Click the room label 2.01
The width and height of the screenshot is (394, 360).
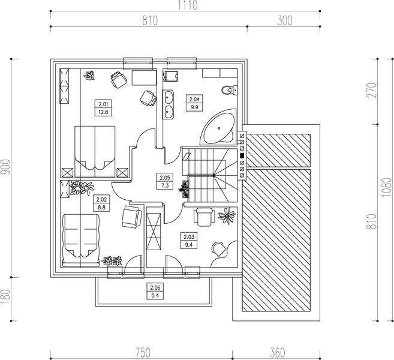[x=103, y=104]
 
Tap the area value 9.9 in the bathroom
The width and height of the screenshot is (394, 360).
[x=194, y=107]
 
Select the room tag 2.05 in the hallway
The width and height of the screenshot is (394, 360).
[x=165, y=178]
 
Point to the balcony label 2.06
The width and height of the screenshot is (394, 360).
[x=155, y=287]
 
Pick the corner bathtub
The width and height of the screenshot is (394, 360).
[x=219, y=127]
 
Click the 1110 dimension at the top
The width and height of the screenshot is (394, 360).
[x=188, y=5]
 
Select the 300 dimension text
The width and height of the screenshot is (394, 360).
[x=285, y=20]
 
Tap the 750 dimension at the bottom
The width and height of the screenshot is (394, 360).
[x=143, y=352]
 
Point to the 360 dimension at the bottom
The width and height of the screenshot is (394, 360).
[x=278, y=352]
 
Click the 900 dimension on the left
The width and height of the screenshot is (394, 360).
[x=6, y=167]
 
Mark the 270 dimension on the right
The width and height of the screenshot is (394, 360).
[x=373, y=90]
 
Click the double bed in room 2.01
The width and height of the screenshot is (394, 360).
[x=95, y=152]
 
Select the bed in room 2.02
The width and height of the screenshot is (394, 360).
[x=80, y=240]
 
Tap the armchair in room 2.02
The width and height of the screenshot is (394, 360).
[x=132, y=217]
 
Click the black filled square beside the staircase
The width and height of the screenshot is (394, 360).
[x=242, y=155]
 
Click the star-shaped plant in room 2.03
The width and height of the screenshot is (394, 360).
[x=227, y=215]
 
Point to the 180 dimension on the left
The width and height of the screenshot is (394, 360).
[x=6, y=296]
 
